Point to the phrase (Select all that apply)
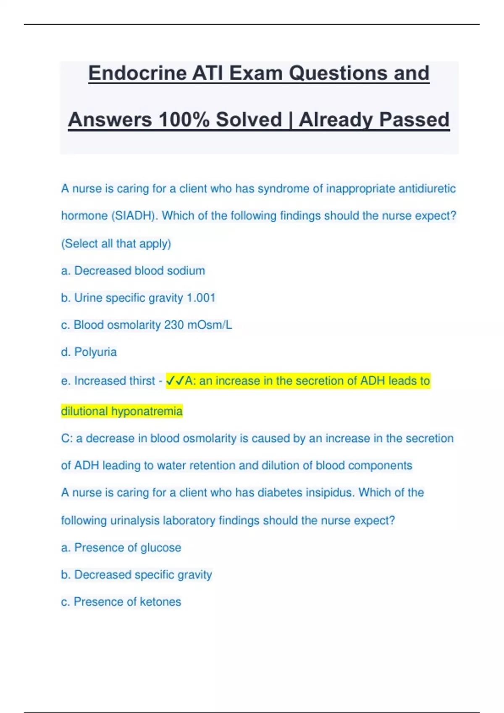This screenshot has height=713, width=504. point(116,244)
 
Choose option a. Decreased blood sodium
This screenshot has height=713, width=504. point(133,271)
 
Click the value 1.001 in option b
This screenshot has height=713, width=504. point(201,298)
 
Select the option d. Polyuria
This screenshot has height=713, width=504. point(89,352)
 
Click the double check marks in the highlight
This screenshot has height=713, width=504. point(175,381)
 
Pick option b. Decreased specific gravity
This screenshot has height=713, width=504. point(136,575)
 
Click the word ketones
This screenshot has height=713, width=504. point(160,602)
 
